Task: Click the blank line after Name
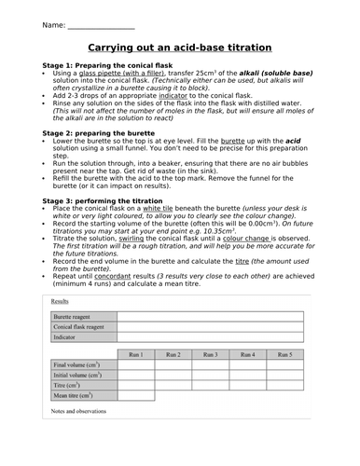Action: (103, 23)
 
